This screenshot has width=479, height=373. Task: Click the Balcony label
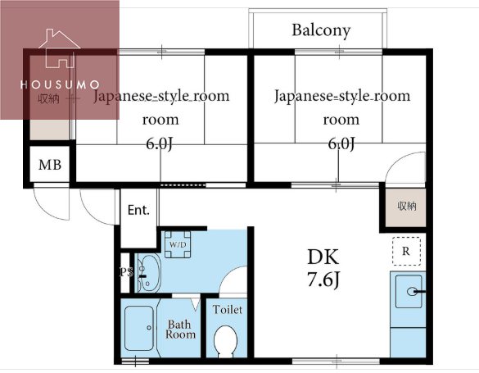tap(321, 31)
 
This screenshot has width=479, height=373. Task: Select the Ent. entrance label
tap(138, 210)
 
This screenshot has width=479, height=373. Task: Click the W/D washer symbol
tap(178, 245)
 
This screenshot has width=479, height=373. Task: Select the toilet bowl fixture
tap(224, 340)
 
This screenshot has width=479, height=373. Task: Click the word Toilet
tap(227, 310)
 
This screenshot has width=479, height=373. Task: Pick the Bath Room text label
tap(181, 329)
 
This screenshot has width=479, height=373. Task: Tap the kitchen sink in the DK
tap(410, 291)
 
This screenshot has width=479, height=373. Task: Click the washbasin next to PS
tap(149, 272)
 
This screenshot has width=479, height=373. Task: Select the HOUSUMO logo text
tap(60, 84)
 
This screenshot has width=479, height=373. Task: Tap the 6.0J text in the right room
tap(341, 144)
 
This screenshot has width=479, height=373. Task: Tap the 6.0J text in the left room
tap(160, 144)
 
